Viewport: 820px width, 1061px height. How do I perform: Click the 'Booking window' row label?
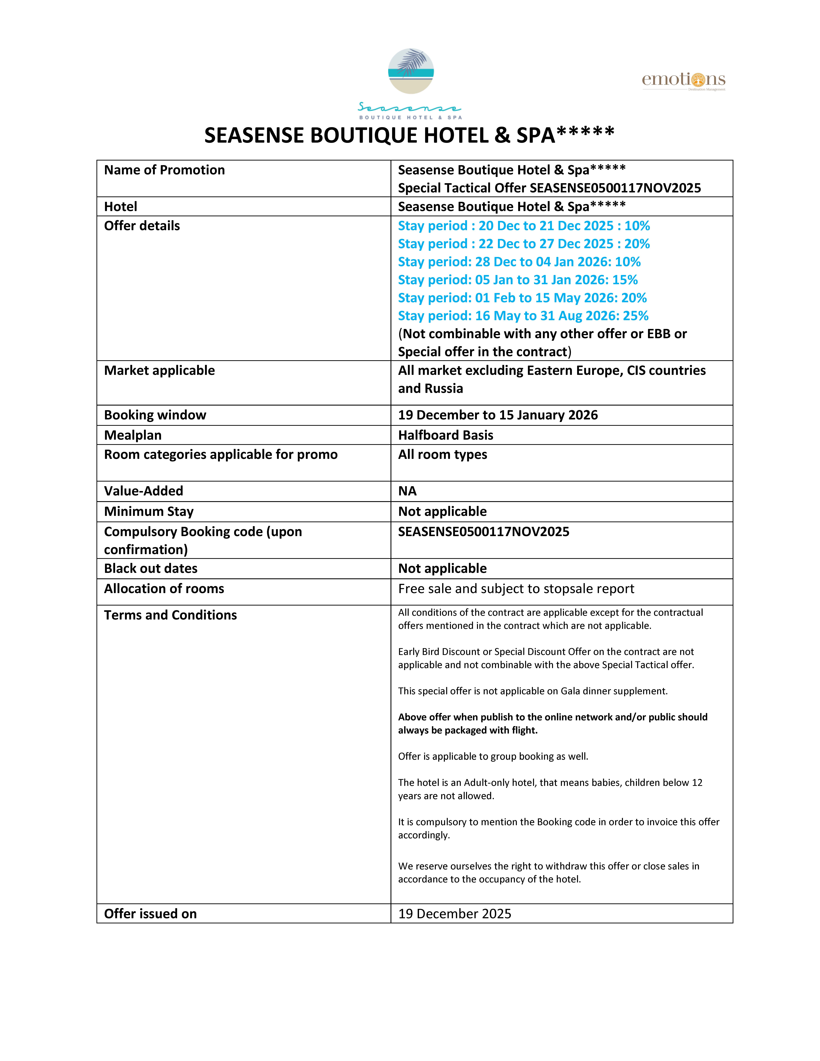pyautogui.click(x=155, y=415)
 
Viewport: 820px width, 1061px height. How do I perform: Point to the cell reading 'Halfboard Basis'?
pyautogui.click(x=445, y=435)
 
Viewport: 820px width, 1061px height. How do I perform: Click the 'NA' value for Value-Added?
pyautogui.click(x=407, y=491)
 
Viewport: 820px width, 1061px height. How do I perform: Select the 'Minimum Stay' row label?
pyautogui.click(x=149, y=512)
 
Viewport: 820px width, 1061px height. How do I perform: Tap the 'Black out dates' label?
pyautogui.click(x=151, y=568)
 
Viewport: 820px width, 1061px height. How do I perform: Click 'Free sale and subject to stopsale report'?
pyautogui.click(x=516, y=589)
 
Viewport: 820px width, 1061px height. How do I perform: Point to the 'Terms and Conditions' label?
pyautogui.click(x=170, y=615)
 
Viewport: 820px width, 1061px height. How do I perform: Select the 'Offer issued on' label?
pyautogui.click(x=150, y=914)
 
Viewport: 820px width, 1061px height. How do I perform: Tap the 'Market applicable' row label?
pyautogui.click(x=159, y=371)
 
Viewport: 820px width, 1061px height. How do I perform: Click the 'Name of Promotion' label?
pyautogui.click(x=164, y=170)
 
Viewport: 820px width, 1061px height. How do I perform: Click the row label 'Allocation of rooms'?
pyautogui.click(x=164, y=589)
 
